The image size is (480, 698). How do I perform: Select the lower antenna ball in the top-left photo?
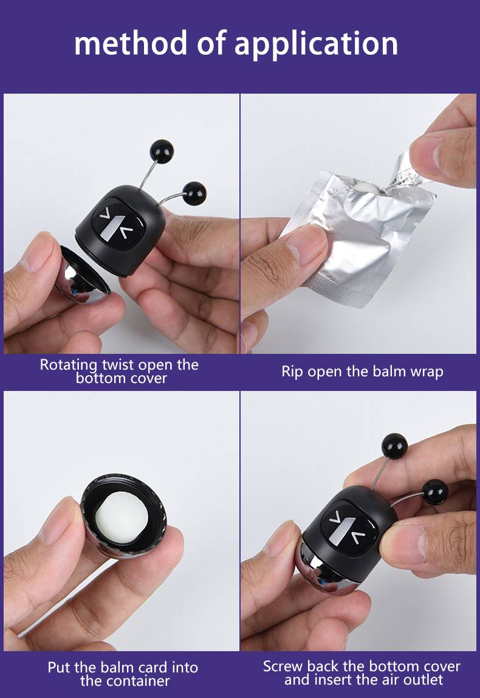click(194, 193)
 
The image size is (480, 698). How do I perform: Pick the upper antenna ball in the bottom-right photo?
click(394, 446)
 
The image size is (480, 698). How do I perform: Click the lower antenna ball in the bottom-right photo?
click(435, 492)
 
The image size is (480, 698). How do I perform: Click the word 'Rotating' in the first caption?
click(69, 365)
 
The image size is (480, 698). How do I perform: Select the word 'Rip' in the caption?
click(292, 372)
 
